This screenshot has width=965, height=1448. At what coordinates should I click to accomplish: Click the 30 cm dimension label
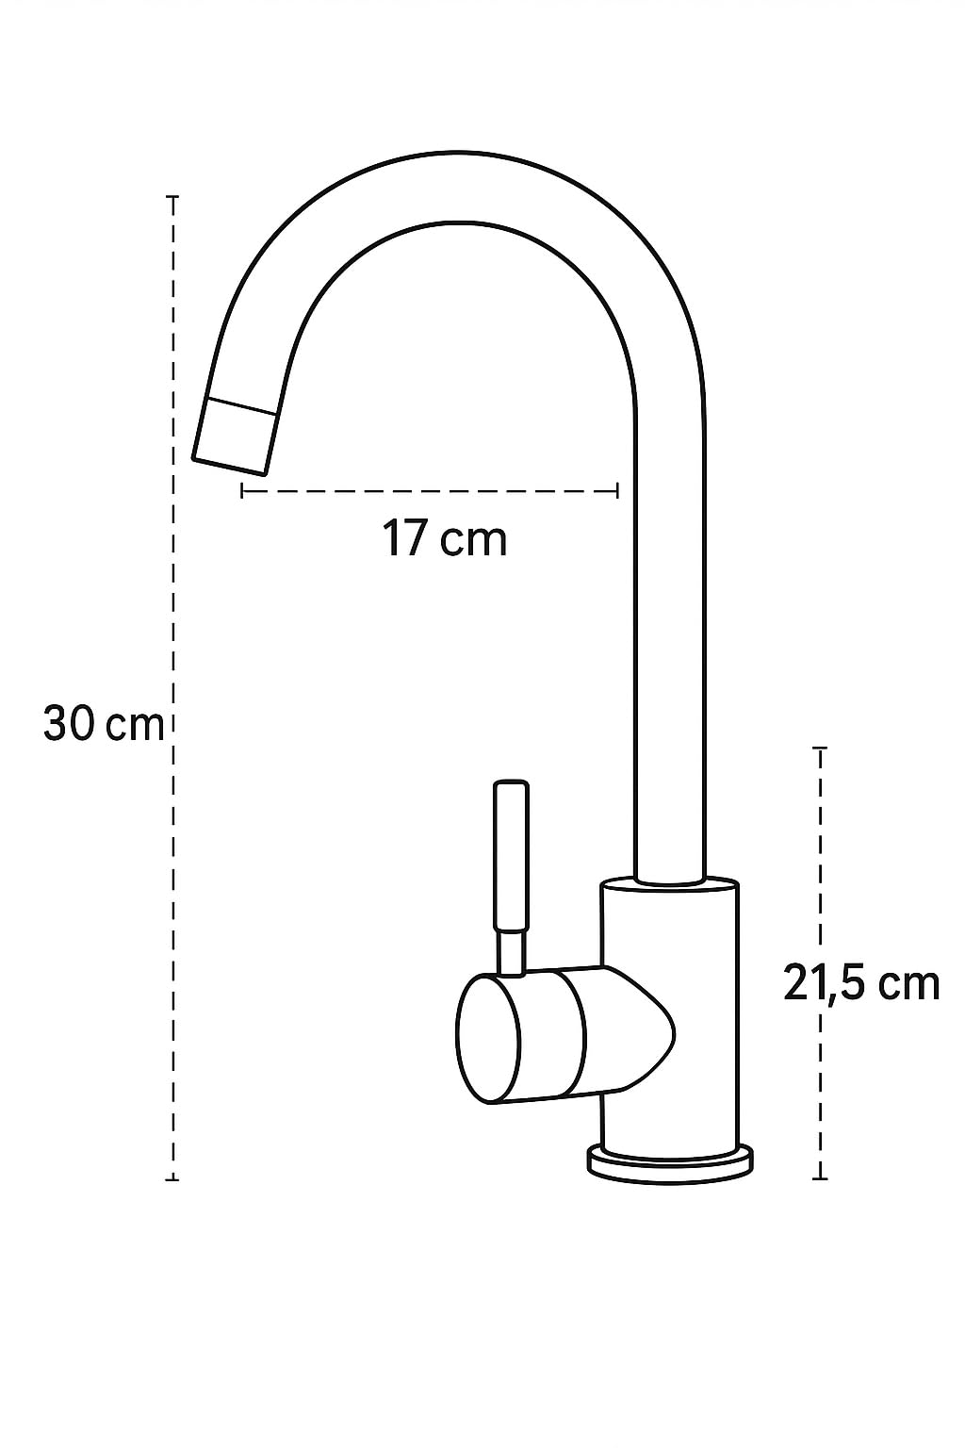[x=104, y=724]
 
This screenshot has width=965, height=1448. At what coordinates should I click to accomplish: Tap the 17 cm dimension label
[x=445, y=539]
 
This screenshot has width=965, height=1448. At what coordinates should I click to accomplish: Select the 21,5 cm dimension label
[x=861, y=984]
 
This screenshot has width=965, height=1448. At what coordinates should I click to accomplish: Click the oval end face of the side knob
[x=488, y=1039]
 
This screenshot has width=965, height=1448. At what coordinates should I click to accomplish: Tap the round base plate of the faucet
[x=671, y=1162]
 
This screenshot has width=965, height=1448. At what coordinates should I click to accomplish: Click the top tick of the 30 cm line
[x=172, y=197]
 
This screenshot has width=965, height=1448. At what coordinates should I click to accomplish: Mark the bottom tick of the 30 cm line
[x=172, y=1178]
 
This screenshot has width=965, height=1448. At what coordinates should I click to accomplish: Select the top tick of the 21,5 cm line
[x=820, y=748]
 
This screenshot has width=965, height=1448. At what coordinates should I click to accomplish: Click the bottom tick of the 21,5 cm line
[x=820, y=1177]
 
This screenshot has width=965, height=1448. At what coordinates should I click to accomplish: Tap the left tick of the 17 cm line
[x=242, y=490]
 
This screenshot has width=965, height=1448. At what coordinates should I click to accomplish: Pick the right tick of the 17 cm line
[x=617, y=490]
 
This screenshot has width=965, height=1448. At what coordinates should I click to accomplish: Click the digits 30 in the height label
[x=69, y=724]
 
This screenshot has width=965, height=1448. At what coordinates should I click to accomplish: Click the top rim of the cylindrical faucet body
[x=671, y=884]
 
